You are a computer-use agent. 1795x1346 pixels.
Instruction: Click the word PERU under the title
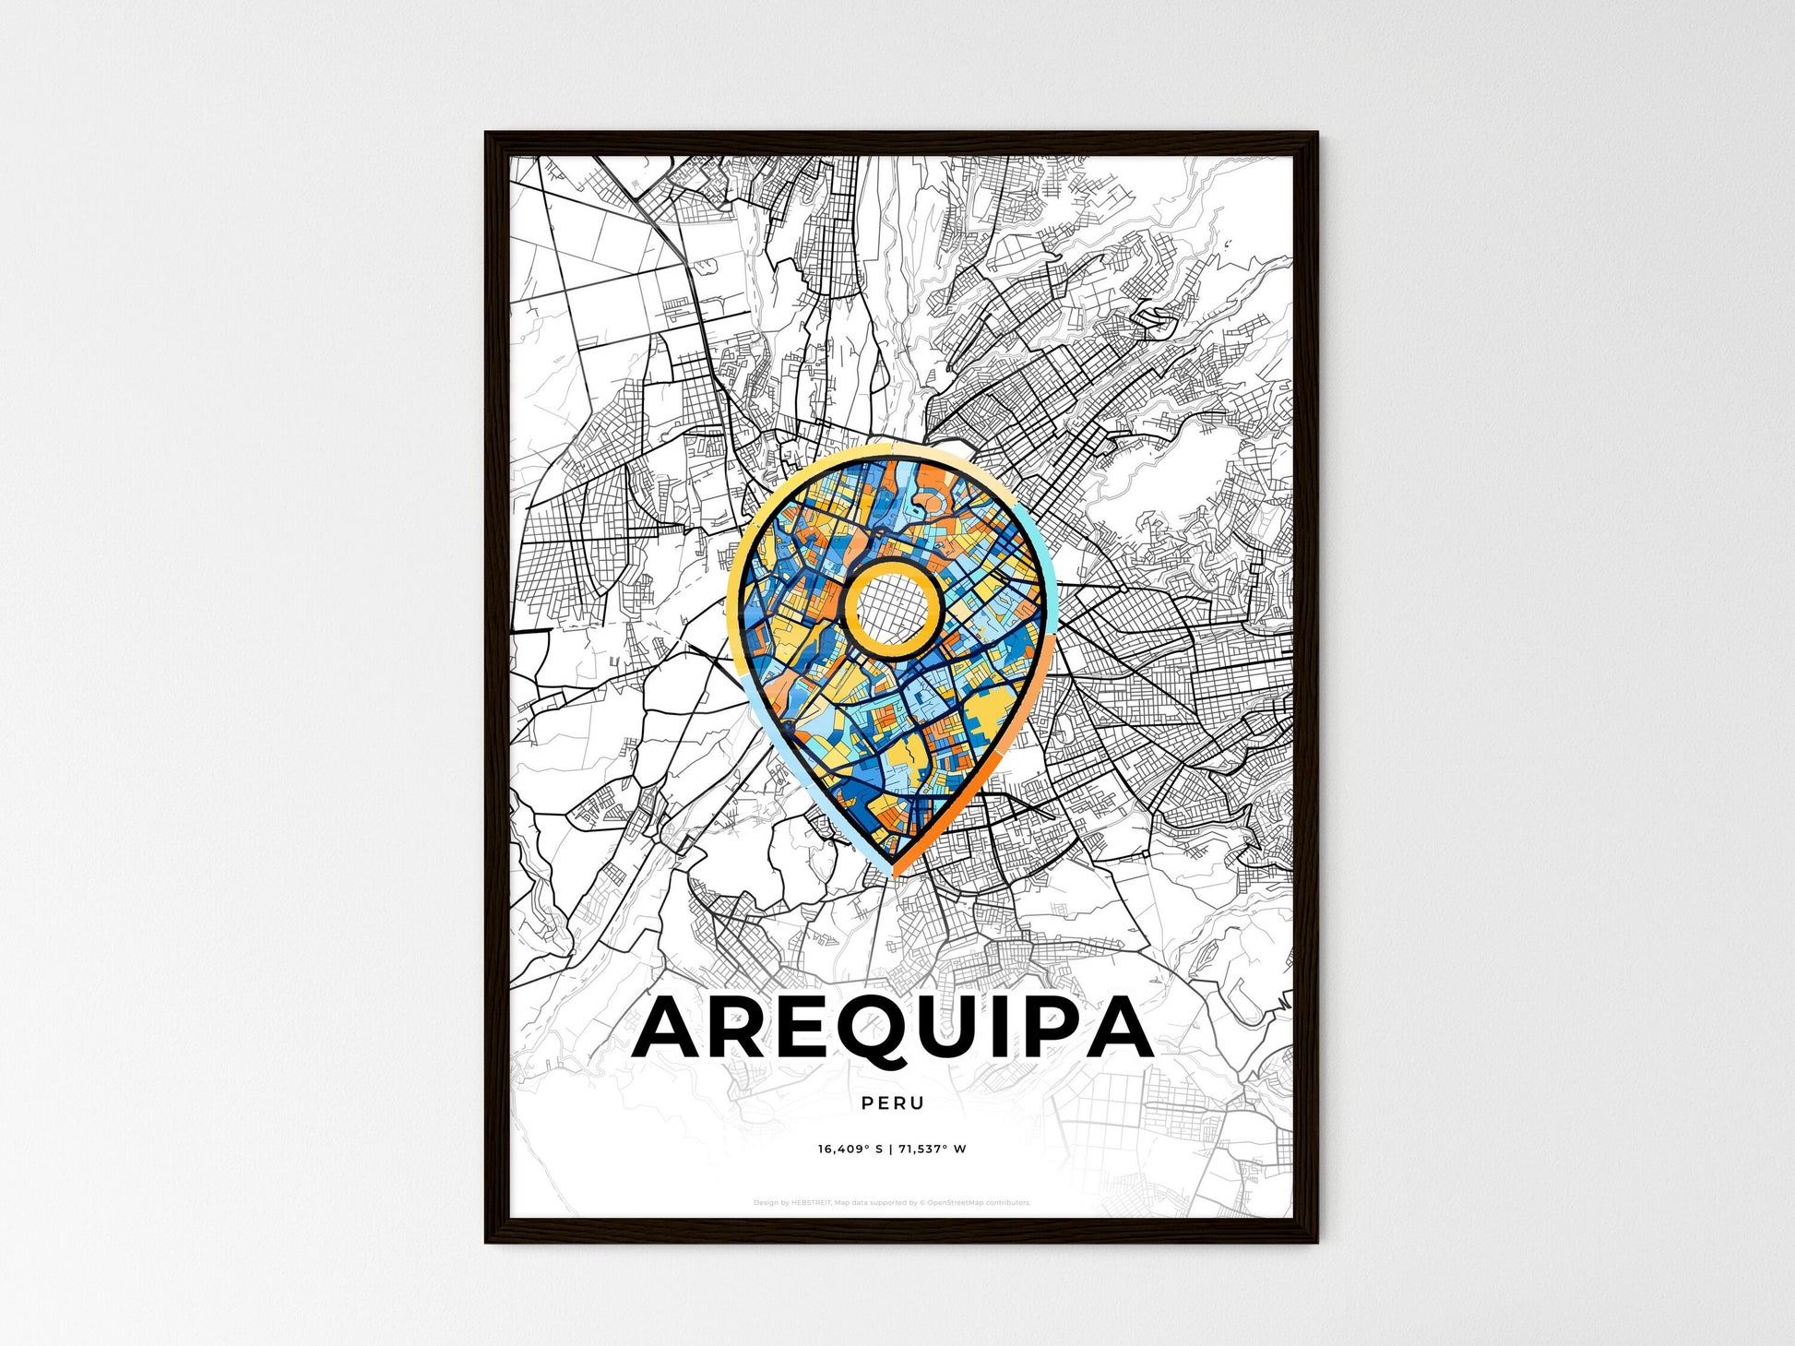click(x=892, y=1102)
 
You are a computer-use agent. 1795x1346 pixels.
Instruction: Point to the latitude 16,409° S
click(x=850, y=1149)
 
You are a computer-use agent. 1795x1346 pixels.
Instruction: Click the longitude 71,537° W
click(x=934, y=1149)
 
